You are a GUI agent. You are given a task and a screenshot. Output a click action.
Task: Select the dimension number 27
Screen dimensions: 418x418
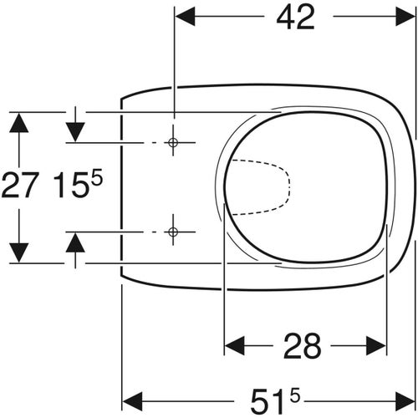[19, 186]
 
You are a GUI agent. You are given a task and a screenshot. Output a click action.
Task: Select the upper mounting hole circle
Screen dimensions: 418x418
[173, 143]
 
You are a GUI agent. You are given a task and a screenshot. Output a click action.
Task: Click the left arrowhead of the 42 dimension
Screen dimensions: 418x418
[183, 16]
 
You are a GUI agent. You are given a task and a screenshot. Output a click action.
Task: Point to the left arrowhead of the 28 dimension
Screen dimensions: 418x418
[235, 344]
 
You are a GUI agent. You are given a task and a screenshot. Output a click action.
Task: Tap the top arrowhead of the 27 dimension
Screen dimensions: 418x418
[19, 122]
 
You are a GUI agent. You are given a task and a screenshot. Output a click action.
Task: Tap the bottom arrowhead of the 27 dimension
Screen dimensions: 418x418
[19, 251]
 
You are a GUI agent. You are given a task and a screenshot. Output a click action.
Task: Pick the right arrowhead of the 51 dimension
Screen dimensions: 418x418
[405, 396]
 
